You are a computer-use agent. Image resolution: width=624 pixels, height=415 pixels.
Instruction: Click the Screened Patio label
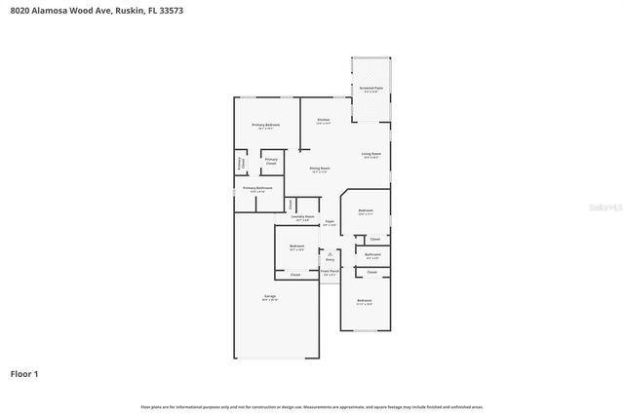click(x=371, y=89)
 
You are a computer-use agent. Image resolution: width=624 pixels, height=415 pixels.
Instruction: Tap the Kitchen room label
click(x=323, y=121)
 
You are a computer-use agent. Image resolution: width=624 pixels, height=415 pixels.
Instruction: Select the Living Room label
click(x=370, y=154)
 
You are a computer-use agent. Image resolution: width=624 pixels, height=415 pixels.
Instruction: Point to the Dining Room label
click(x=320, y=169)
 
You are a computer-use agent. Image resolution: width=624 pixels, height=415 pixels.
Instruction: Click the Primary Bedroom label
click(x=266, y=126)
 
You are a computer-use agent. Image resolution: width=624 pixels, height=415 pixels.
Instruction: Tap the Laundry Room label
click(x=303, y=216)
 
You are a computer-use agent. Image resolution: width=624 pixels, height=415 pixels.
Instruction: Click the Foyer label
click(x=330, y=222)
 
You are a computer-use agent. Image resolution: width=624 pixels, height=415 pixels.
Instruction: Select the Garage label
click(x=269, y=297)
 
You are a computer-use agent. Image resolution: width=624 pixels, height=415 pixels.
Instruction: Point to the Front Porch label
click(x=331, y=274)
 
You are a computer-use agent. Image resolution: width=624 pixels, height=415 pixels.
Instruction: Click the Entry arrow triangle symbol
click(x=330, y=252)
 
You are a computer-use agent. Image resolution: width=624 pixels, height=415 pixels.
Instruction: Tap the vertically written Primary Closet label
click(x=240, y=164)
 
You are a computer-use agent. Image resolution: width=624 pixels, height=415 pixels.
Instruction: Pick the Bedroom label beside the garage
click(x=296, y=246)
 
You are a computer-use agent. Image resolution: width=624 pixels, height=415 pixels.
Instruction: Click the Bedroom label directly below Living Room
click(x=366, y=211)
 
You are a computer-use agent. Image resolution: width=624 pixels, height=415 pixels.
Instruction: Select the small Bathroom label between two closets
click(x=372, y=255)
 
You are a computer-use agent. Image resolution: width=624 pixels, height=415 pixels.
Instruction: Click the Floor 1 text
click(x=24, y=373)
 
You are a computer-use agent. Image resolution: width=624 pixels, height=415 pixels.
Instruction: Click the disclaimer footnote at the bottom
click(x=312, y=407)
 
